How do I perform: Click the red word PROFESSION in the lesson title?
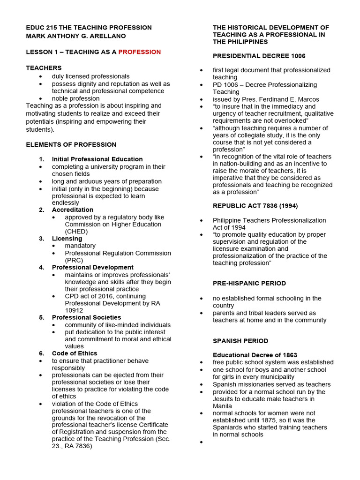pos(139,52)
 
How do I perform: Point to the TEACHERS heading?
pos(44,68)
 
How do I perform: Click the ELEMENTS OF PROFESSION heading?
pos(71,144)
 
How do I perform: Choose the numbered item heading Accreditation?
pos(72,210)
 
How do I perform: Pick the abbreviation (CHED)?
pos(76,231)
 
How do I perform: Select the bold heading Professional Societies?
pos(86,317)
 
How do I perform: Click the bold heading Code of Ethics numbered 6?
pos(75,353)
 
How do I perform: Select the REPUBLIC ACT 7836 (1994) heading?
pos(255,205)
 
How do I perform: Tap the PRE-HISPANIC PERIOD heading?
pos(249,283)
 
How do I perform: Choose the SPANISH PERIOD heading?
pos(241,341)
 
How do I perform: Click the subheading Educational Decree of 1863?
pos(255,355)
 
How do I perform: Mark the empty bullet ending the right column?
pos(201,442)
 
